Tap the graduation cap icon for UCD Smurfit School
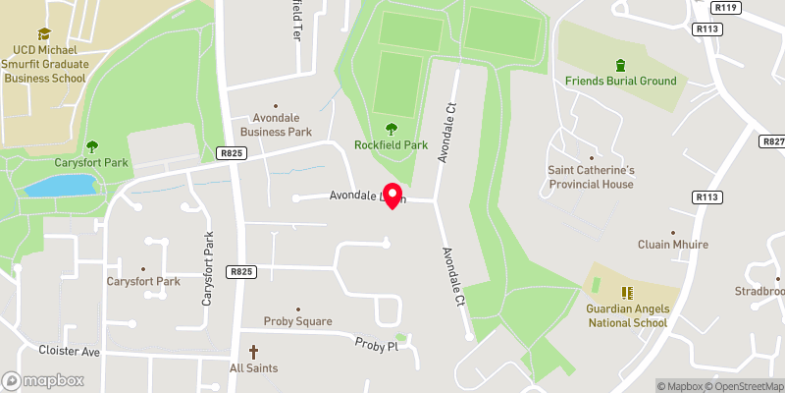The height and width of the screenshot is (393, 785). coord(44,35)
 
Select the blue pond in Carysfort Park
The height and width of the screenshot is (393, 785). coord(60,186)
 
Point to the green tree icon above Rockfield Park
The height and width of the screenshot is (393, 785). coord(392,128)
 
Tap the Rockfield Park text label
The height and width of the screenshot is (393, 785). coord(392,144)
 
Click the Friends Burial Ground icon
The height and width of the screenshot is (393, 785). coord(619,65)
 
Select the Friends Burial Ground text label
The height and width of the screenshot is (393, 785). coord(620,81)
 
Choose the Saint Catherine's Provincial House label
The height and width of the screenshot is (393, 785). coord(591,176)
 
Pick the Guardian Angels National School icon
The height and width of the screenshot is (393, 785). coord(627,293)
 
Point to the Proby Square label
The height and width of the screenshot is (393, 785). coord(297,321)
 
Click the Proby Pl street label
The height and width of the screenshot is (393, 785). coord(377,345)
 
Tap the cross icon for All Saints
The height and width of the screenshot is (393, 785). coord(253,351)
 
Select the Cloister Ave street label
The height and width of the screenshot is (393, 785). coord(70,351)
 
